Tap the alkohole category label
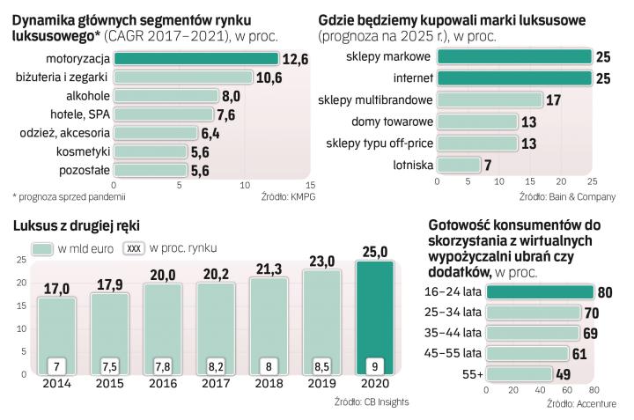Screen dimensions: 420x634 pyautogui.click(x=87, y=96)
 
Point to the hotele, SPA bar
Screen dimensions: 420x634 pyautogui.click(x=164, y=114)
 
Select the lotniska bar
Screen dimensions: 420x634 pyautogui.click(x=459, y=165)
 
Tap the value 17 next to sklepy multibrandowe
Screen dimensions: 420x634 pyautogui.click(x=553, y=99)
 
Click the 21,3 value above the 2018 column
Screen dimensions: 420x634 pyautogui.click(x=268, y=268)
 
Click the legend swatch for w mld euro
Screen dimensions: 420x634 pyautogui.click(x=41, y=248)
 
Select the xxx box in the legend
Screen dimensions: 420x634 pyautogui.click(x=135, y=248)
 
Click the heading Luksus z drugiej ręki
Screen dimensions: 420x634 pyautogui.click(x=77, y=226)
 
